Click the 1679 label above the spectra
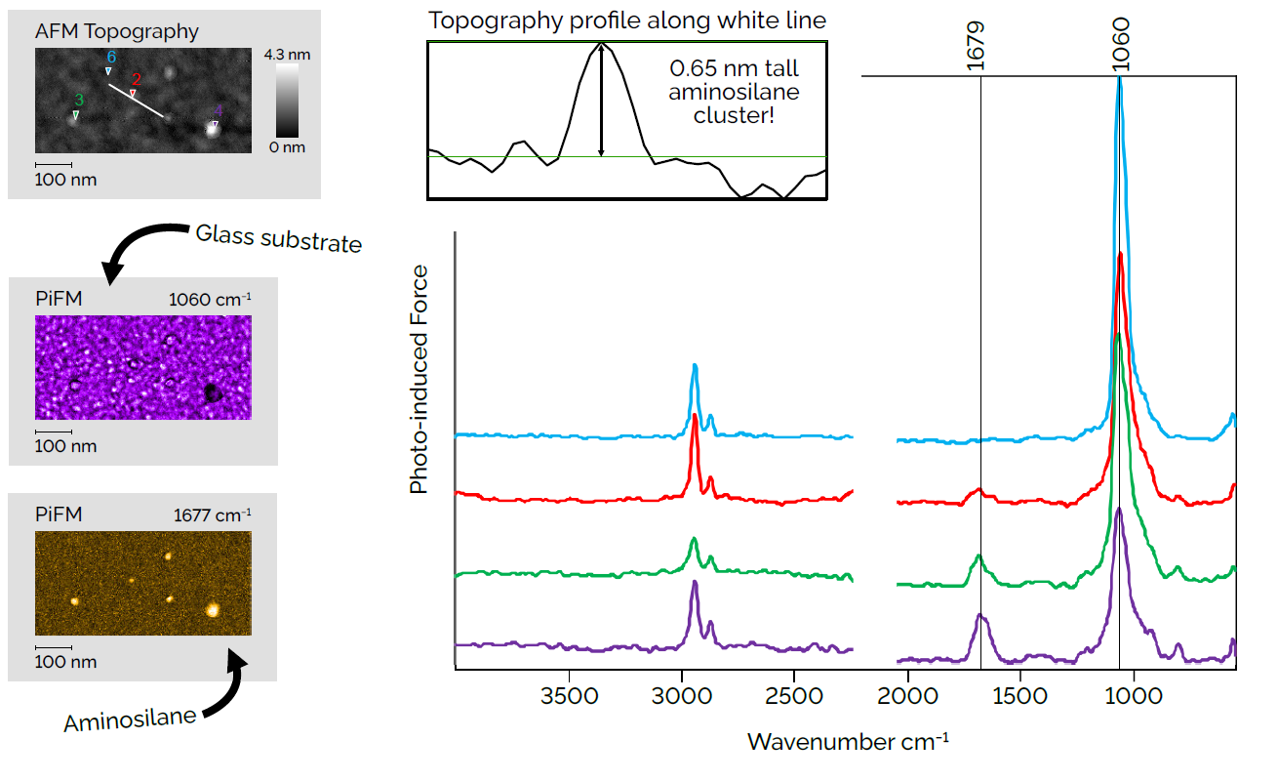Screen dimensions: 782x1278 coord(977,43)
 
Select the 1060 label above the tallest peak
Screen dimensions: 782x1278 coord(1120,43)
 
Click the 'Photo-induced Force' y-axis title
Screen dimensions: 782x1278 coord(419,378)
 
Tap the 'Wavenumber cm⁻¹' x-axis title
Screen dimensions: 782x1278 coord(847,741)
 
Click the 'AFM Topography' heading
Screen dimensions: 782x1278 coord(116,31)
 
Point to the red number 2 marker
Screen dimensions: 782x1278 coord(137,79)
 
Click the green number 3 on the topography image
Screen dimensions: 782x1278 coord(79,100)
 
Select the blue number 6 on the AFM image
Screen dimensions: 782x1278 coord(111,57)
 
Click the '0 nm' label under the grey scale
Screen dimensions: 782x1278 coord(287,147)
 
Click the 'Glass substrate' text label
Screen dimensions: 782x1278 coord(278,238)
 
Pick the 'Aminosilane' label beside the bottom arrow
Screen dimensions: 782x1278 coord(130,720)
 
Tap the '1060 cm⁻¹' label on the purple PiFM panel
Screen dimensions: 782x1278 coord(211,299)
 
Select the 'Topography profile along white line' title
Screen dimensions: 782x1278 coord(626,21)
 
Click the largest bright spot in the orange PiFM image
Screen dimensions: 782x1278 coord(212,609)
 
